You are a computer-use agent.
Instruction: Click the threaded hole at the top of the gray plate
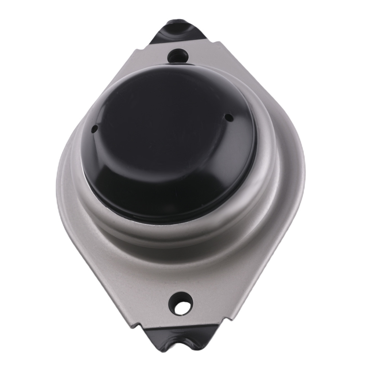pos(178,56)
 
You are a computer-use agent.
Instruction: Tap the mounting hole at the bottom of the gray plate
pos(181,303)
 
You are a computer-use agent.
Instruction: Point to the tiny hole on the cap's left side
pos(94,128)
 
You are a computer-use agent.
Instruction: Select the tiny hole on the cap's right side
pos(228,118)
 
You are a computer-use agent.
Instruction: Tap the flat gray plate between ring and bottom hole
pos(179,270)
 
